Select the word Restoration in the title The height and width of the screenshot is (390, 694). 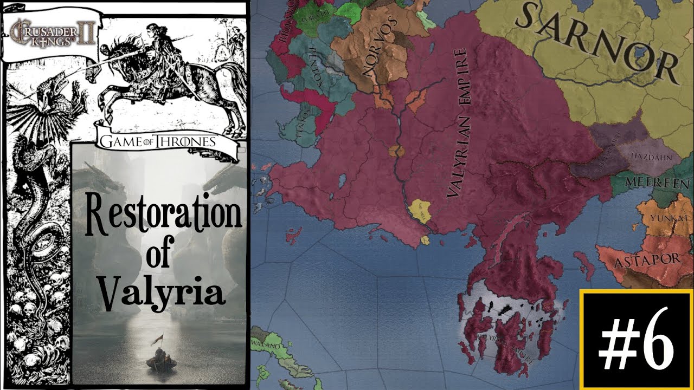162,214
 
